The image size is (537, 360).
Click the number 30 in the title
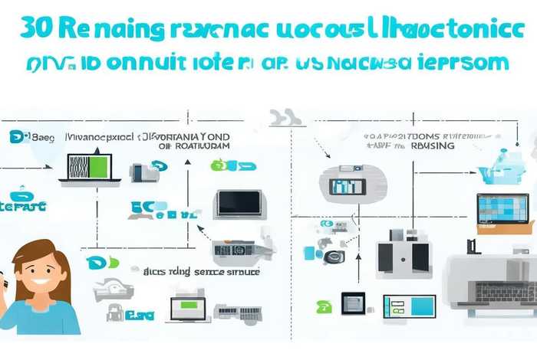(38, 28)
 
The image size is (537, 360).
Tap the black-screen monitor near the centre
(239, 203)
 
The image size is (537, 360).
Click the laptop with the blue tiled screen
(502, 209)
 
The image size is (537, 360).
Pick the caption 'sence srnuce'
(224, 271)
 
